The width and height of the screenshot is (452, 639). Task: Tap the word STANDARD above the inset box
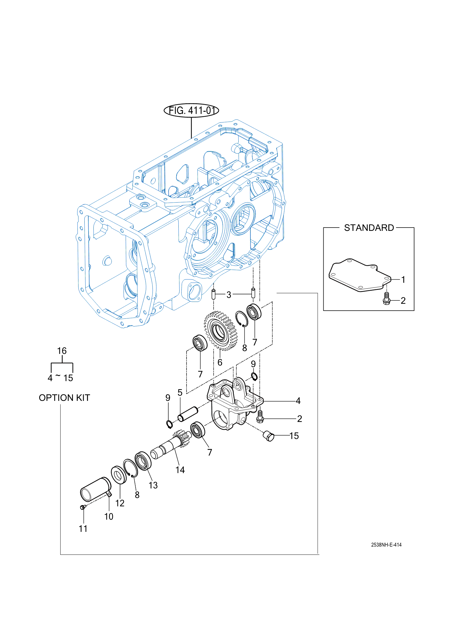(x=369, y=228)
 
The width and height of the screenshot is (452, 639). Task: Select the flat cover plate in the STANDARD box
(x=360, y=275)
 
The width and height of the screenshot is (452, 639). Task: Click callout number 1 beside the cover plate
(x=403, y=280)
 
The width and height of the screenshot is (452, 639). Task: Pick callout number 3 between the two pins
(x=229, y=295)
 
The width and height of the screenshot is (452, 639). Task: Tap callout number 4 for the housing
(x=298, y=401)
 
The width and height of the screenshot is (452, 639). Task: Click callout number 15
(x=294, y=436)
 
